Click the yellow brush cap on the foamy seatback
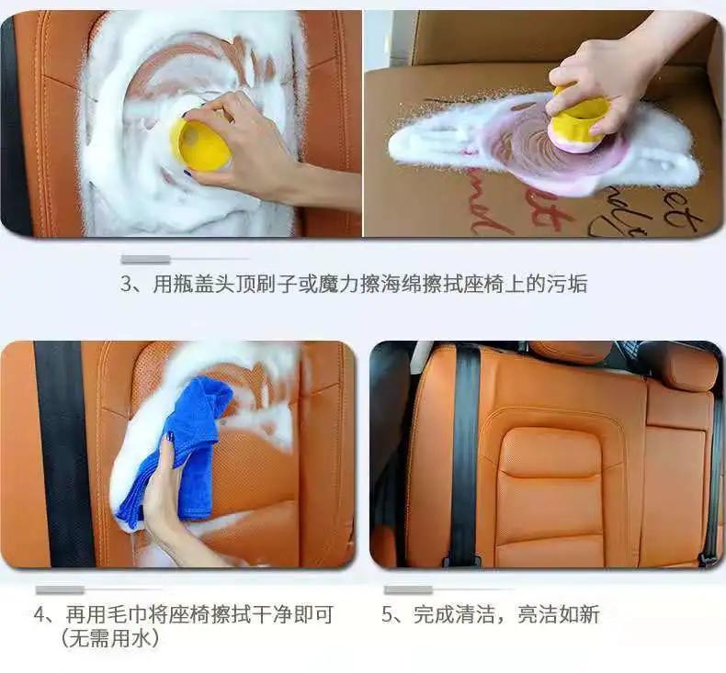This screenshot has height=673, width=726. pos(199,141)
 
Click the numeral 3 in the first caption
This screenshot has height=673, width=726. pos(128,285)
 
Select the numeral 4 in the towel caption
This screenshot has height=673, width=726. pos(42,614)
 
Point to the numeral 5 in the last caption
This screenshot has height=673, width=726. pos(388,614)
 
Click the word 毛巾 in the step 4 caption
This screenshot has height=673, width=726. pos(121,614)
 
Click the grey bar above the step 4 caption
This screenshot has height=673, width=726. pos(60,589)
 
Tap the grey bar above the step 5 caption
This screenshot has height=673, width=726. pos(408,589)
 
